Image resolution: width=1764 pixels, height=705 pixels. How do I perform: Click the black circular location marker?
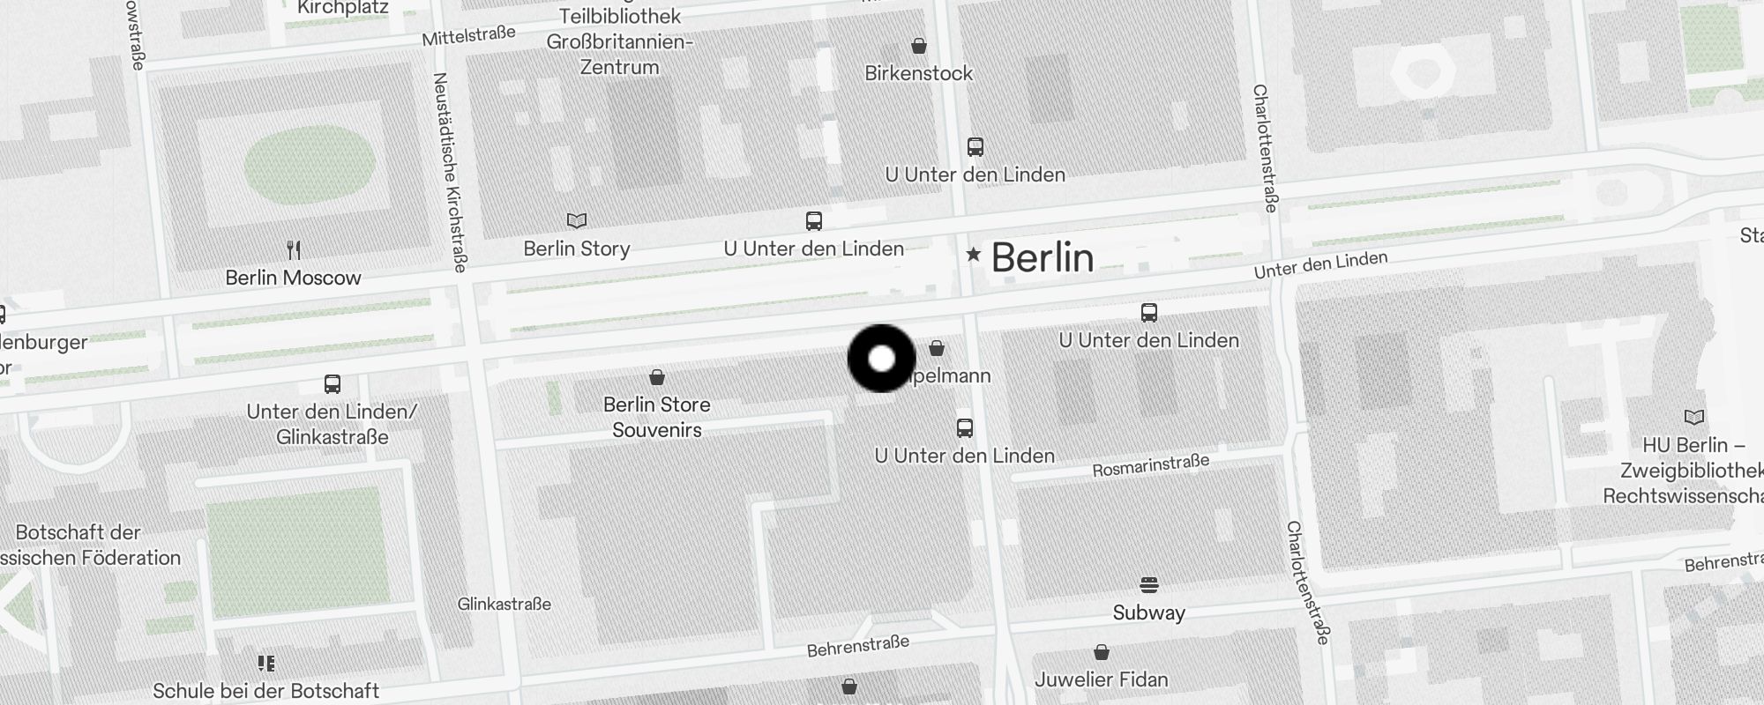coord(881,359)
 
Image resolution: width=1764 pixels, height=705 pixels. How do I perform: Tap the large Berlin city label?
coord(1043,257)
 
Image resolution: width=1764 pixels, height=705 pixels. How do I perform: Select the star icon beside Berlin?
coord(973,255)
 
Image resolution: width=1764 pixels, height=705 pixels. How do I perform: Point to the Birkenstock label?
coord(918,73)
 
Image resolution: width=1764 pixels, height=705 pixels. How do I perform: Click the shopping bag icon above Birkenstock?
coord(919,46)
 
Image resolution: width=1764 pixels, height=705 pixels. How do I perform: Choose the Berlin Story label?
coord(576,249)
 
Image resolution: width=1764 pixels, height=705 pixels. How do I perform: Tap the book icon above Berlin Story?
coord(576,220)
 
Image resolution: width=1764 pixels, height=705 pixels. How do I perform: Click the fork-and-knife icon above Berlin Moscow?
coord(294,249)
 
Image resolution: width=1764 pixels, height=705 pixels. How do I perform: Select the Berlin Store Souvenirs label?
coord(656,417)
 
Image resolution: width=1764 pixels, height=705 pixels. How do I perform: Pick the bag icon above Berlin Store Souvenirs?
coord(656,377)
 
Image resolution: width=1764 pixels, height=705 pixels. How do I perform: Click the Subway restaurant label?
coord(1148,612)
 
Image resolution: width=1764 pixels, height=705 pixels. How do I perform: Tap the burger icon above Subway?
coord(1148,584)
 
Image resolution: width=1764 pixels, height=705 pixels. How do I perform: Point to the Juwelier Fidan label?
coord(1101,679)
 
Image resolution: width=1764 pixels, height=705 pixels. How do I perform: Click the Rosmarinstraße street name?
coord(1150,465)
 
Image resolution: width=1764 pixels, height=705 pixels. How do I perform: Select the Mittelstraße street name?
coord(468,36)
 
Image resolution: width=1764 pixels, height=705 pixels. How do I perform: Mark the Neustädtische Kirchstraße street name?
coord(450,172)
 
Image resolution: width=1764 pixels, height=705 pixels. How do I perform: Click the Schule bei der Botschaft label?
coord(265,690)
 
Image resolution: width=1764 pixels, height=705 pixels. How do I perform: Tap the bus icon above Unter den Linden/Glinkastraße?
coord(332,384)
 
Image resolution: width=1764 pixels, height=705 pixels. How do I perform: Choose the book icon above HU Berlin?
coord(1693,417)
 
